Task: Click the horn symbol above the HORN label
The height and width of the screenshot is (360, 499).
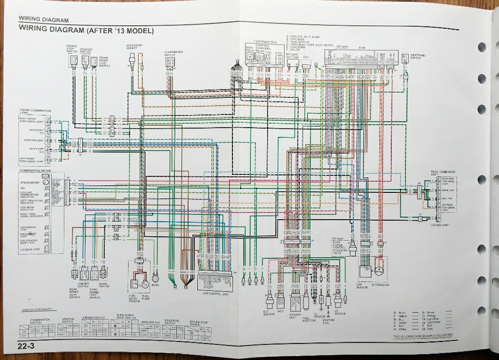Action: pyautogui.click(x=155, y=279)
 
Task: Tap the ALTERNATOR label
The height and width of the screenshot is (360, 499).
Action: pyautogui.click(x=380, y=284)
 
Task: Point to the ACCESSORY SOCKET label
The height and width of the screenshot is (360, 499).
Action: pyautogui.click(x=134, y=47)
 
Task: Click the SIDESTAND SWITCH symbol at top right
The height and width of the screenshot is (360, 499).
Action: pyautogui.click(x=404, y=58)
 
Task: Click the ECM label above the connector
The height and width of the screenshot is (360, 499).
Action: pyautogui.click(x=362, y=47)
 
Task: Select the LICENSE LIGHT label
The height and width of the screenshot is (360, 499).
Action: pyautogui.click(x=440, y=225)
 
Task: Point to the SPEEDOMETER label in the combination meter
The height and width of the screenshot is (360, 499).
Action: pyautogui.click(x=30, y=182)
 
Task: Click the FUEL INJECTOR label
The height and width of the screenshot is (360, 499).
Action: pyautogui.click(x=309, y=319)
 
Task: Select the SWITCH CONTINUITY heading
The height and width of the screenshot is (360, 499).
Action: pyautogui.click(x=39, y=310)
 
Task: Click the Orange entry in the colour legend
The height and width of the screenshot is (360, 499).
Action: pyautogui.click(x=431, y=316)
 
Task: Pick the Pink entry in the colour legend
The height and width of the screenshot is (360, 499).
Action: pyautogui.click(x=430, y=325)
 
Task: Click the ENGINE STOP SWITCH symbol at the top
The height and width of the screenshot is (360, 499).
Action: pyautogui.click(x=74, y=61)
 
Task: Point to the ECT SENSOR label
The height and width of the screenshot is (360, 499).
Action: pyautogui.click(x=269, y=313)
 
